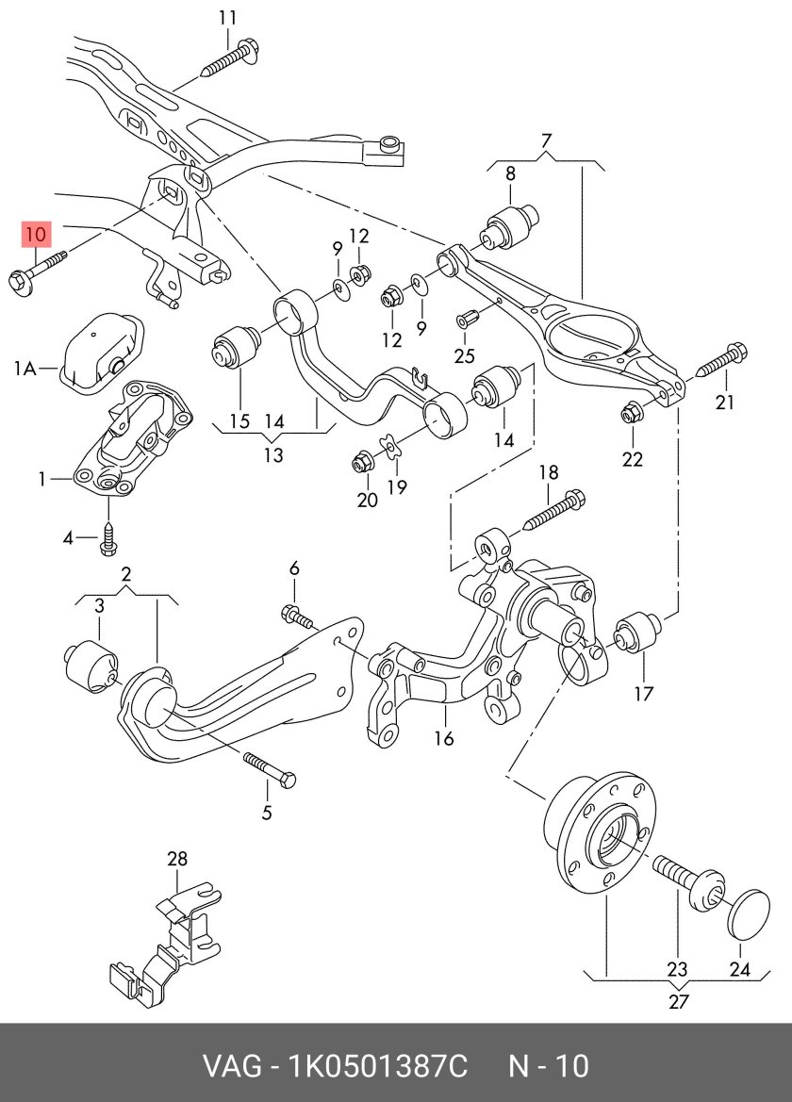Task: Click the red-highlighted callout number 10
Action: point(35,233)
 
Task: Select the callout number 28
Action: point(177,859)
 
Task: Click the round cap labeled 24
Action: point(751,912)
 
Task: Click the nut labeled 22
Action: point(632,412)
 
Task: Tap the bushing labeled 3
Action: point(91,663)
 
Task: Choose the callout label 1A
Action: point(25,370)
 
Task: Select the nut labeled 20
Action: point(359,461)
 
